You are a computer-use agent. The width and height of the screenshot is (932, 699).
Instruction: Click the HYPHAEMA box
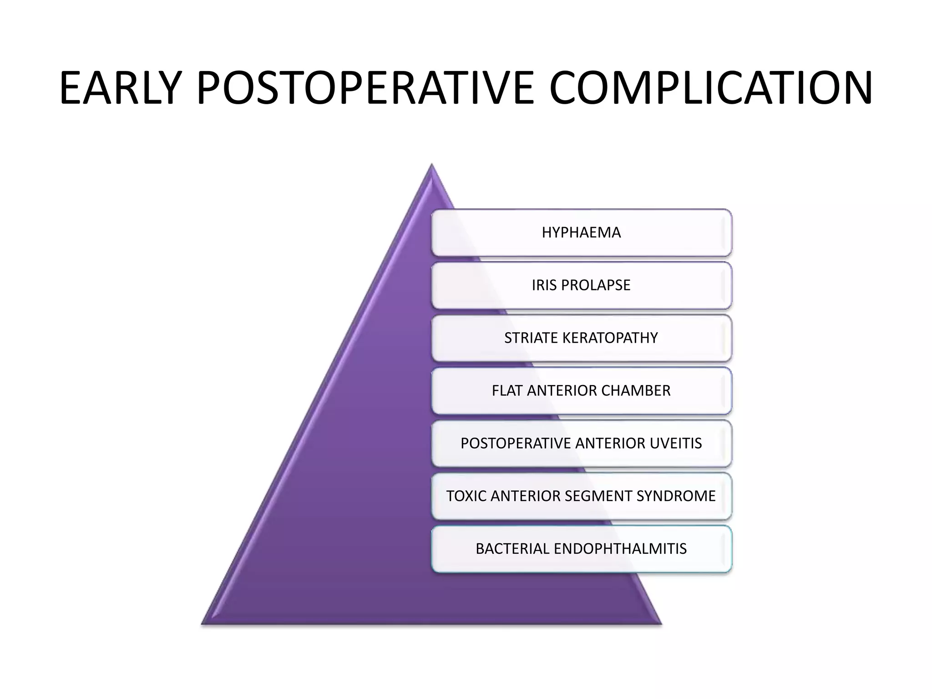tap(581, 233)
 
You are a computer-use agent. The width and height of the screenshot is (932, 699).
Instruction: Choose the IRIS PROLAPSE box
tap(581, 285)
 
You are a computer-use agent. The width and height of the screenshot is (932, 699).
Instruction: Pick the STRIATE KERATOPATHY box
tap(581, 338)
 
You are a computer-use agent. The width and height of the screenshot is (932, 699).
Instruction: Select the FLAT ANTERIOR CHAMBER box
tap(581, 391)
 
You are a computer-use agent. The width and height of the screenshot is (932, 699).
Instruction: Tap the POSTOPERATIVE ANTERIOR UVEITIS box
tap(581, 443)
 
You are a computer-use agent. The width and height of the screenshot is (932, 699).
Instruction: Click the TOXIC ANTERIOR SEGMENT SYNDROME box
tap(581, 496)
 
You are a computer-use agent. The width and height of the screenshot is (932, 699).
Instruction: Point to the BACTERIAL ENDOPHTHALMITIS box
tap(581, 549)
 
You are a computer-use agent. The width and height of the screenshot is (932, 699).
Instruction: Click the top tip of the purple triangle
tap(431, 167)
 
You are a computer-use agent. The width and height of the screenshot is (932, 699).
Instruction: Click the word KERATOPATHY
tap(610, 338)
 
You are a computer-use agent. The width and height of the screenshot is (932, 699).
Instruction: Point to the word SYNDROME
tap(676, 496)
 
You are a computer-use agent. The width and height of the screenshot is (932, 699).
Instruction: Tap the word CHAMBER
tap(636, 391)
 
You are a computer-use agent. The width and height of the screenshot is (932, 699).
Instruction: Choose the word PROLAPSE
tap(596, 285)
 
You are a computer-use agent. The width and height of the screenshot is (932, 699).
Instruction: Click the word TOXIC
tap(466, 496)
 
